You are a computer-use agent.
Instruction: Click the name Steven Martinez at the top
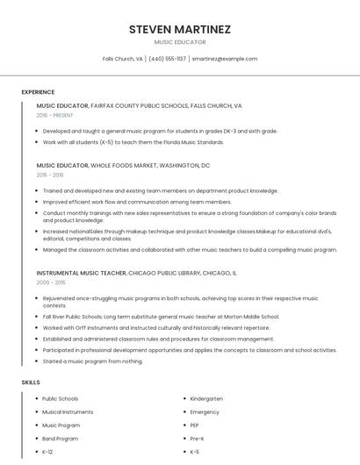[x=180, y=29]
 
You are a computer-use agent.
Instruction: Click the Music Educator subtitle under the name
[x=180, y=42]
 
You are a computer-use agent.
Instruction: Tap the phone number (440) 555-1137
[x=167, y=59]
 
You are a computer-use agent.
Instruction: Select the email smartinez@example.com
[x=224, y=59]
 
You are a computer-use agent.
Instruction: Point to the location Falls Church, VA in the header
[x=123, y=59]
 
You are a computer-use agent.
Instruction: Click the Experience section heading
[x=38, y=92]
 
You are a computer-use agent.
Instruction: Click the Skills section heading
[x=31, y=383]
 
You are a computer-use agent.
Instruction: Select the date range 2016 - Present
[x=54, y=115]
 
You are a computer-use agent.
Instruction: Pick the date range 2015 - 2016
[x=51, y=175]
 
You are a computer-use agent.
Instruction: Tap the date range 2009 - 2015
[x=51, y=283]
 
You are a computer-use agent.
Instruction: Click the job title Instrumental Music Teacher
[x=81, y=273]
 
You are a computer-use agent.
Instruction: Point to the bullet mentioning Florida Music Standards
[x=133, y=141]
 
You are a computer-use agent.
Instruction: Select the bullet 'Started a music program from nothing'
[x=92, y=361]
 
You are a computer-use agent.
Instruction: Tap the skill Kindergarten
[x=206, y=398]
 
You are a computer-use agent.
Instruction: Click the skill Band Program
[x=60, y=438]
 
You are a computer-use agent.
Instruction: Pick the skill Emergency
[x=205, y=411]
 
